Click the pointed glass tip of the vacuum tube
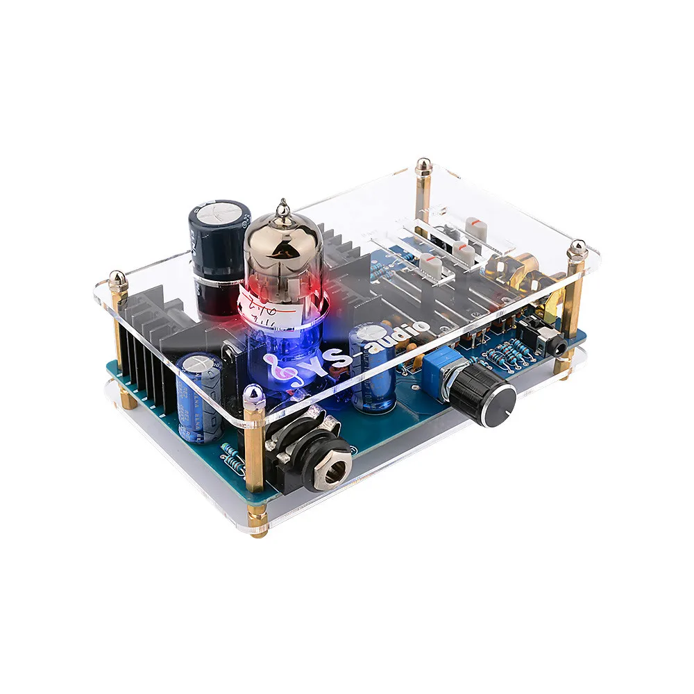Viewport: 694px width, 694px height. [281, 206]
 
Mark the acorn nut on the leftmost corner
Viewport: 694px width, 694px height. [118, 280]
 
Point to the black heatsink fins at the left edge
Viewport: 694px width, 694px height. [149, 361]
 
